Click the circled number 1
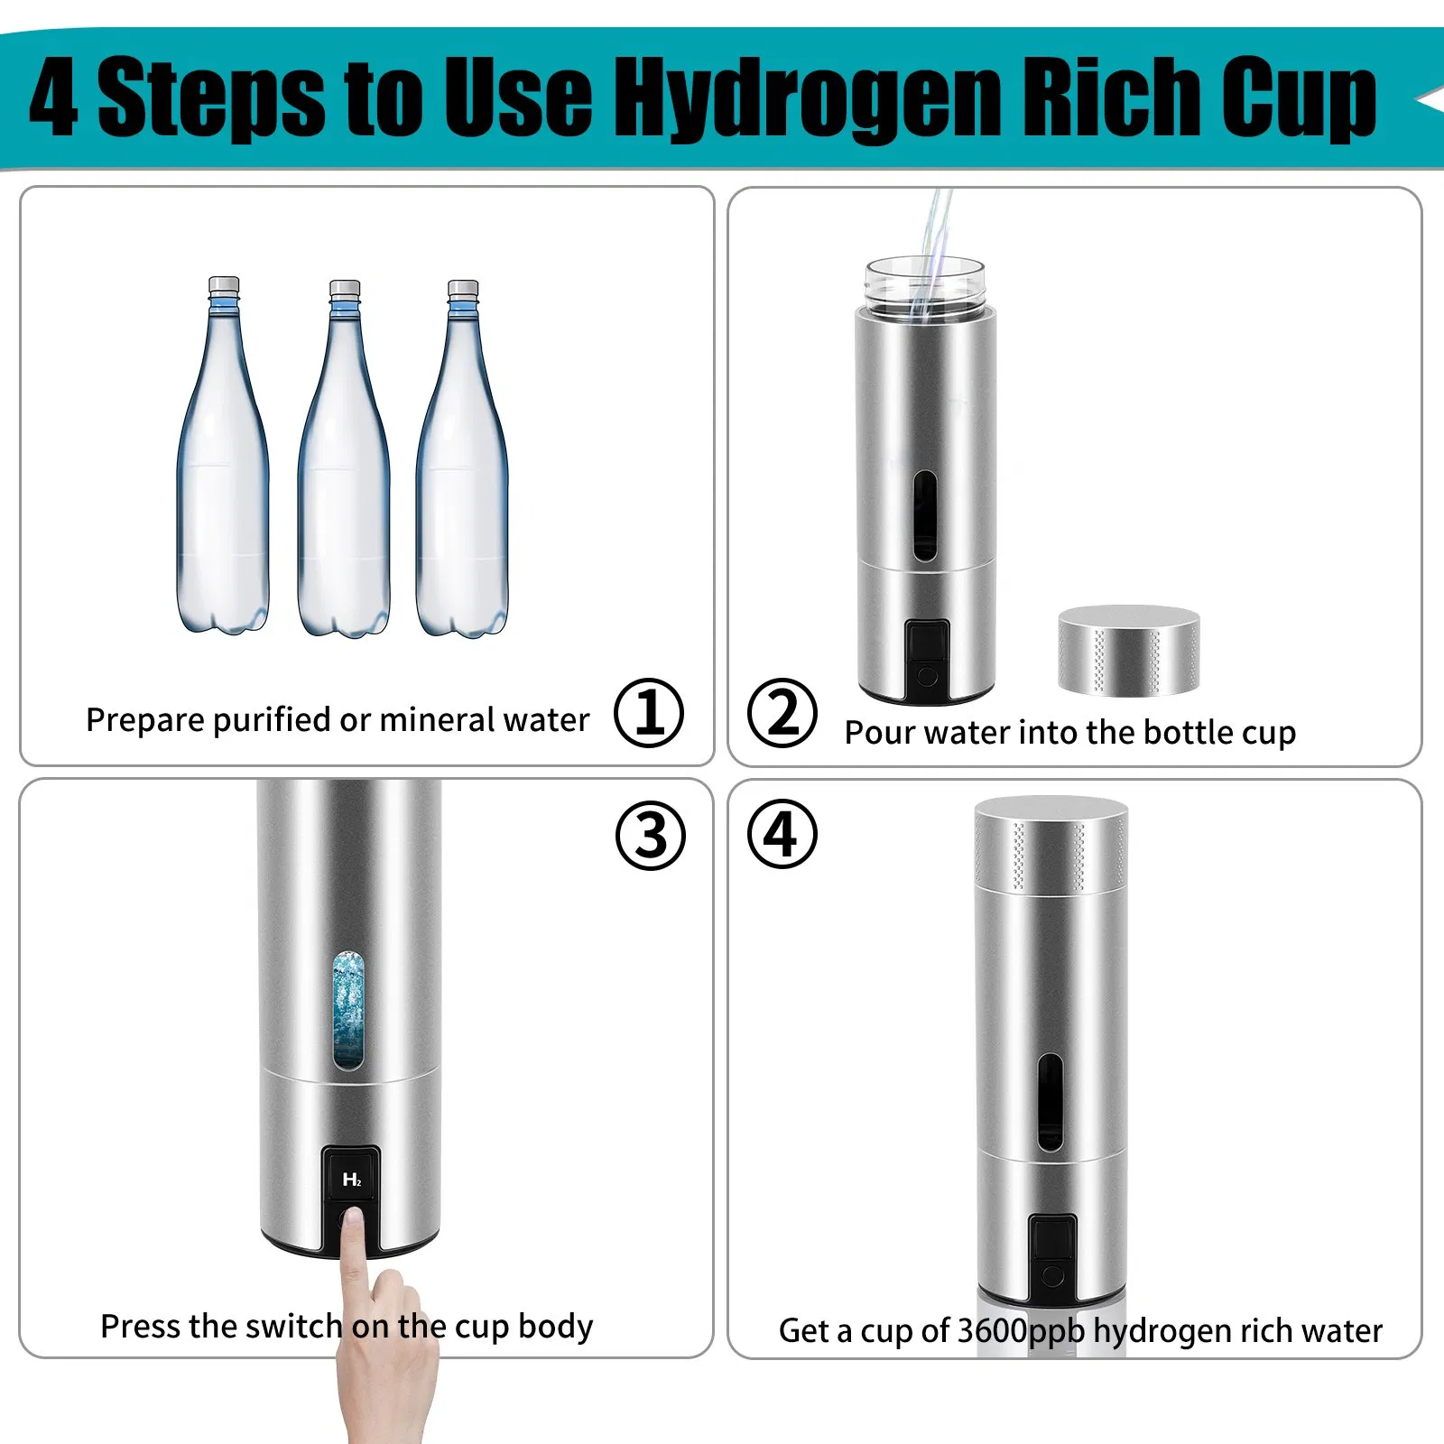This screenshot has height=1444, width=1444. pos(649,713)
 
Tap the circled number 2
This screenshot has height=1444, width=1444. pos(782,713)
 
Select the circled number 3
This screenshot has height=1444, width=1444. pos(650,835)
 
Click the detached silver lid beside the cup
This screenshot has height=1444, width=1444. pos(1129,650)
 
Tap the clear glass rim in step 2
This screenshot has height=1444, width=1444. pos(924,284)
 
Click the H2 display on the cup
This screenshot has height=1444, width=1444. pos(351,1179)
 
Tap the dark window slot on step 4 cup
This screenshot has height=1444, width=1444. pos(1050,1101)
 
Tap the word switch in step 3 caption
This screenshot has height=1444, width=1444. pos(293,1327)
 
